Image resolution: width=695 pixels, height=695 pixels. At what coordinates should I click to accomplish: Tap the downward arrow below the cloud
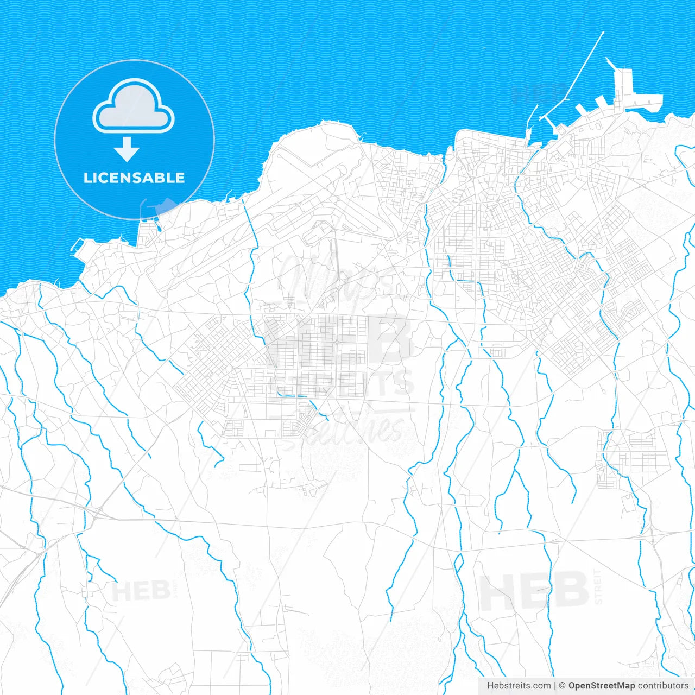pos(127,149)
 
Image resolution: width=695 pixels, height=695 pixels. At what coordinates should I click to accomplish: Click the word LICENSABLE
pos(134,178)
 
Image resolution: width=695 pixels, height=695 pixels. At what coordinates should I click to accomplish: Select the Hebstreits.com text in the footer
pos(519,686)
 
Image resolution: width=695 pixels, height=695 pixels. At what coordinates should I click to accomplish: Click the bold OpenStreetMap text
pos(601,686)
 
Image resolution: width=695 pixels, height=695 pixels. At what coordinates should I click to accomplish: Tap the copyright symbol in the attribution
pos(562,686)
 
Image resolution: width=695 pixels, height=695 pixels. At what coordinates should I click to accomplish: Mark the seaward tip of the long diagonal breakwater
pos(603,33)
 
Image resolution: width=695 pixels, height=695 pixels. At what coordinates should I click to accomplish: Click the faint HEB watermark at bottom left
pos(141,590)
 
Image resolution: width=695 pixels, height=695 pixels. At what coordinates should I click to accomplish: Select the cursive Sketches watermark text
pos(347,429)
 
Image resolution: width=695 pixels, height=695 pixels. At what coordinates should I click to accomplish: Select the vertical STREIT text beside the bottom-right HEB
pos(598,586)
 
